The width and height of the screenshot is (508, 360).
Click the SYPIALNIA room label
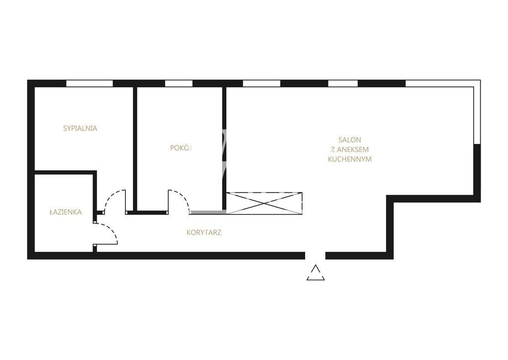click(80, 128)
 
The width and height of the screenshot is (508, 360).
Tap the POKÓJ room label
click(181, 147)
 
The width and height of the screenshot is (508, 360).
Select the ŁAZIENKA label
click(65, 212)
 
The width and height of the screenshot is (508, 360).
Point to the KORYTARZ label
click(204, 232)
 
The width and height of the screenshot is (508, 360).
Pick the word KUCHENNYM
click(350, 159)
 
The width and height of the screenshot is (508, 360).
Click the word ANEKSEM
click(353, 149)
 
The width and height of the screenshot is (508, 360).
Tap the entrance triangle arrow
click(315, 273)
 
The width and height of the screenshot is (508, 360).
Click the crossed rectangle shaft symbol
click(264, 204)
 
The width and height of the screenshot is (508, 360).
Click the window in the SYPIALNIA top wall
click(89, 83)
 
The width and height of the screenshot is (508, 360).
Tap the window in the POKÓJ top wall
click(179, 83)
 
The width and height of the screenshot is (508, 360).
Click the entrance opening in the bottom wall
click(315, 256)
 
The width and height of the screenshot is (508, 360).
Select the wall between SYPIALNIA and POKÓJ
click(135, 148)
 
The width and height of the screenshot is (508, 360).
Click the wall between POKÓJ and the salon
click(224, 148)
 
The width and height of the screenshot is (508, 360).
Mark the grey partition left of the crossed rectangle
click(208, 213)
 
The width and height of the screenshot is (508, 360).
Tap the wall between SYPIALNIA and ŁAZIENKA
click(65, 172)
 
